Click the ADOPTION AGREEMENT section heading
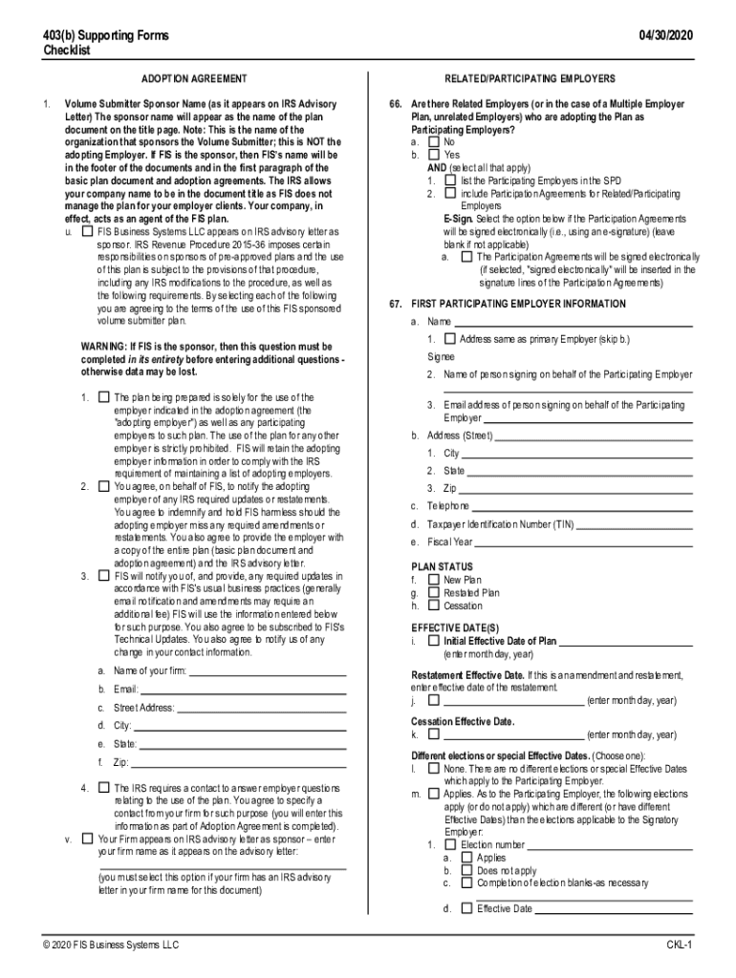tap(194, 78)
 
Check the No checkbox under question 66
tap(435, 141)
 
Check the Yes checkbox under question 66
tap(435, 154)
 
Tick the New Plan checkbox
tap(435, 580)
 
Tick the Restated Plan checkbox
tap(435, 593)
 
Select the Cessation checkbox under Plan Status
tap(435, 606)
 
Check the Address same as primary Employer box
tap(450, 339)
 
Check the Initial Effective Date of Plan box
tap(435, 641)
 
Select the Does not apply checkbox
tap(466, 871)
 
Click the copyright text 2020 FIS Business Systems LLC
tap(110, 946)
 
